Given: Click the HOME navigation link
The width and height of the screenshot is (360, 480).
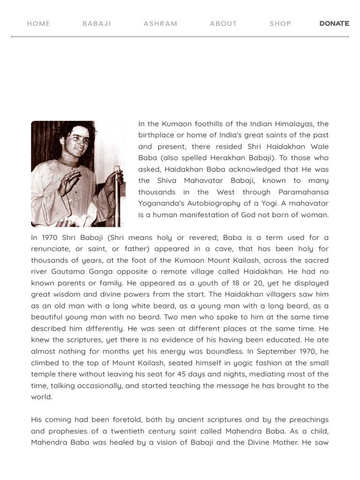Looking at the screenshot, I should [38, 23].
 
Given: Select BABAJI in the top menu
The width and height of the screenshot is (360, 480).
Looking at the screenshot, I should [97, 23].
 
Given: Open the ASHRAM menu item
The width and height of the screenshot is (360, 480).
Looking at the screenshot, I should [160, 23].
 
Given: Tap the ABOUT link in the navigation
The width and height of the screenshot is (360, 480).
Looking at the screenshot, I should [224, 23].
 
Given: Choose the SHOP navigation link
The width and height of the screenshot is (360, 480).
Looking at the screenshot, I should [280, 23].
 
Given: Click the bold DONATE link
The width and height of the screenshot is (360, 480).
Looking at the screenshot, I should [334, 23].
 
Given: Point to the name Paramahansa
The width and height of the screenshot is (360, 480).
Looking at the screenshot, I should [303, 192].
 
